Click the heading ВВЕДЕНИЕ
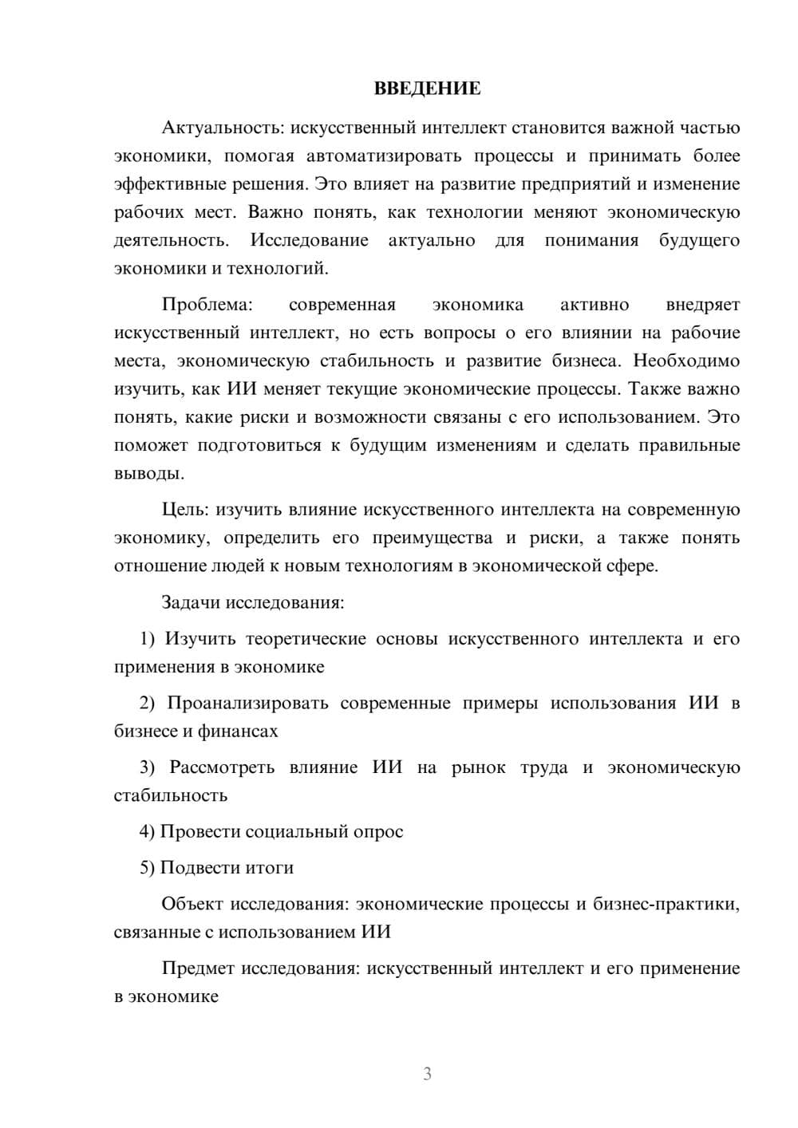[427, 89]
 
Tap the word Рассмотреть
[222, 767]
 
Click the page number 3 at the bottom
[427, 1074]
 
